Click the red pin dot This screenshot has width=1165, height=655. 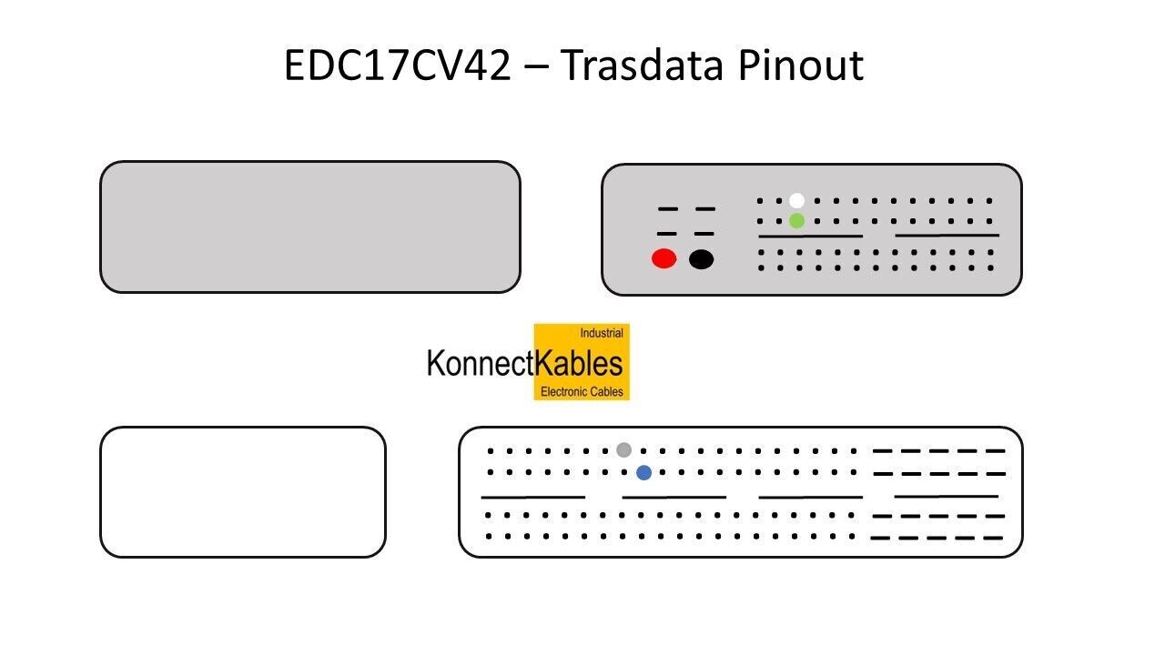pos(664,258)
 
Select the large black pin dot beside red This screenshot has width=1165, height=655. pos(701,259)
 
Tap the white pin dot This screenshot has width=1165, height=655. pos(797,200)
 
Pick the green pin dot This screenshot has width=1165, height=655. pos(797,220)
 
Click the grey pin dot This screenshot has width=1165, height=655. pos(623,449)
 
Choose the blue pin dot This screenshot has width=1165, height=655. pos(643,472)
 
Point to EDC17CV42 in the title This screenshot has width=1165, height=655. pos(397,65)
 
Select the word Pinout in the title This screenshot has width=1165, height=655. pos(800,65)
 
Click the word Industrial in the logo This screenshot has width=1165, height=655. pos(602,334)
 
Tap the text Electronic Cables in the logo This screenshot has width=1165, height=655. pos(582,391)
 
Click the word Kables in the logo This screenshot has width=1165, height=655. pos(579,363)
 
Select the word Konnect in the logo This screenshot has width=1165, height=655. pos(480,363)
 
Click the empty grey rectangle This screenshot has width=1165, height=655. pos(309,227)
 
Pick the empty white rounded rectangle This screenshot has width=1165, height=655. pos(242,491)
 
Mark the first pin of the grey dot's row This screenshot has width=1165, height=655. pos(491,450)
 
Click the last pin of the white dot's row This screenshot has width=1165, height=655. pos(990,201)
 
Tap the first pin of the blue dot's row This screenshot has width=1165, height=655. pos(491,472)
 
